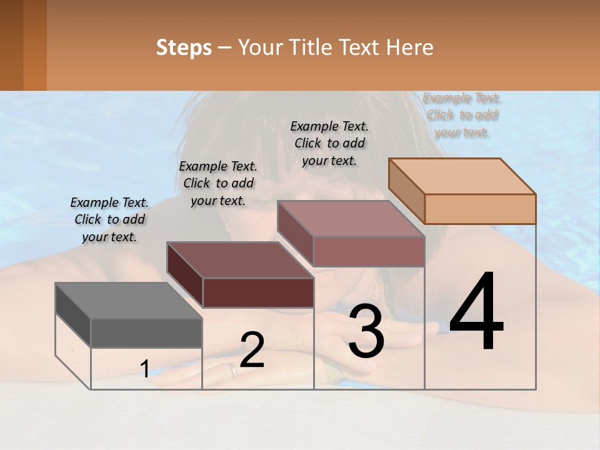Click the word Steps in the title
184,47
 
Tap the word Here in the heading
410,47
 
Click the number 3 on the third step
366,331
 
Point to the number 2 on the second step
252,350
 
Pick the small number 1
145,369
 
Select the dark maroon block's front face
258,292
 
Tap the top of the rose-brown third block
351,219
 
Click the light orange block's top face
462,176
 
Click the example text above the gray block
109,219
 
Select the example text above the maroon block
218,183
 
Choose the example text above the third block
329,143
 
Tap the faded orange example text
462,115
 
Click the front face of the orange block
480,209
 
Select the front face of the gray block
146,332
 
